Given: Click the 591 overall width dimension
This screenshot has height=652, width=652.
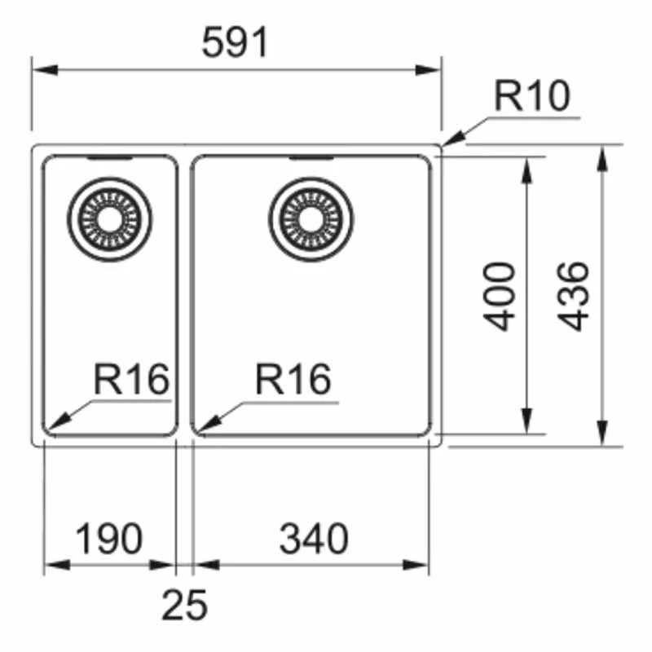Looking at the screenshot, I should coord(236,43).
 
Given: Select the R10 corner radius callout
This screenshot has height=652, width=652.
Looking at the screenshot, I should coord(532,98).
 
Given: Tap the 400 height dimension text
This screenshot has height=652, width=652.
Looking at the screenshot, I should coord(500,295).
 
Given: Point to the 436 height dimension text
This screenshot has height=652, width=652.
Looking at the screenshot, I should coord(575,295).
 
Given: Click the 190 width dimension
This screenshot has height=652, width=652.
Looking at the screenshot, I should coord(109,539).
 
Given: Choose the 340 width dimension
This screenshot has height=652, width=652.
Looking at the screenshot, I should coord(314,539).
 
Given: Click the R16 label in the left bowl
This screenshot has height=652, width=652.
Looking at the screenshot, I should coord(130,380).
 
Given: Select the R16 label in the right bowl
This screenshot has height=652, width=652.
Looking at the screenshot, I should coord(293,380).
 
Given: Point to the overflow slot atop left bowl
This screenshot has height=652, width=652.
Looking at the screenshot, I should coord(109,157).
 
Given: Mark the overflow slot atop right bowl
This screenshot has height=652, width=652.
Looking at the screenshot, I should coord(311,156).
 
